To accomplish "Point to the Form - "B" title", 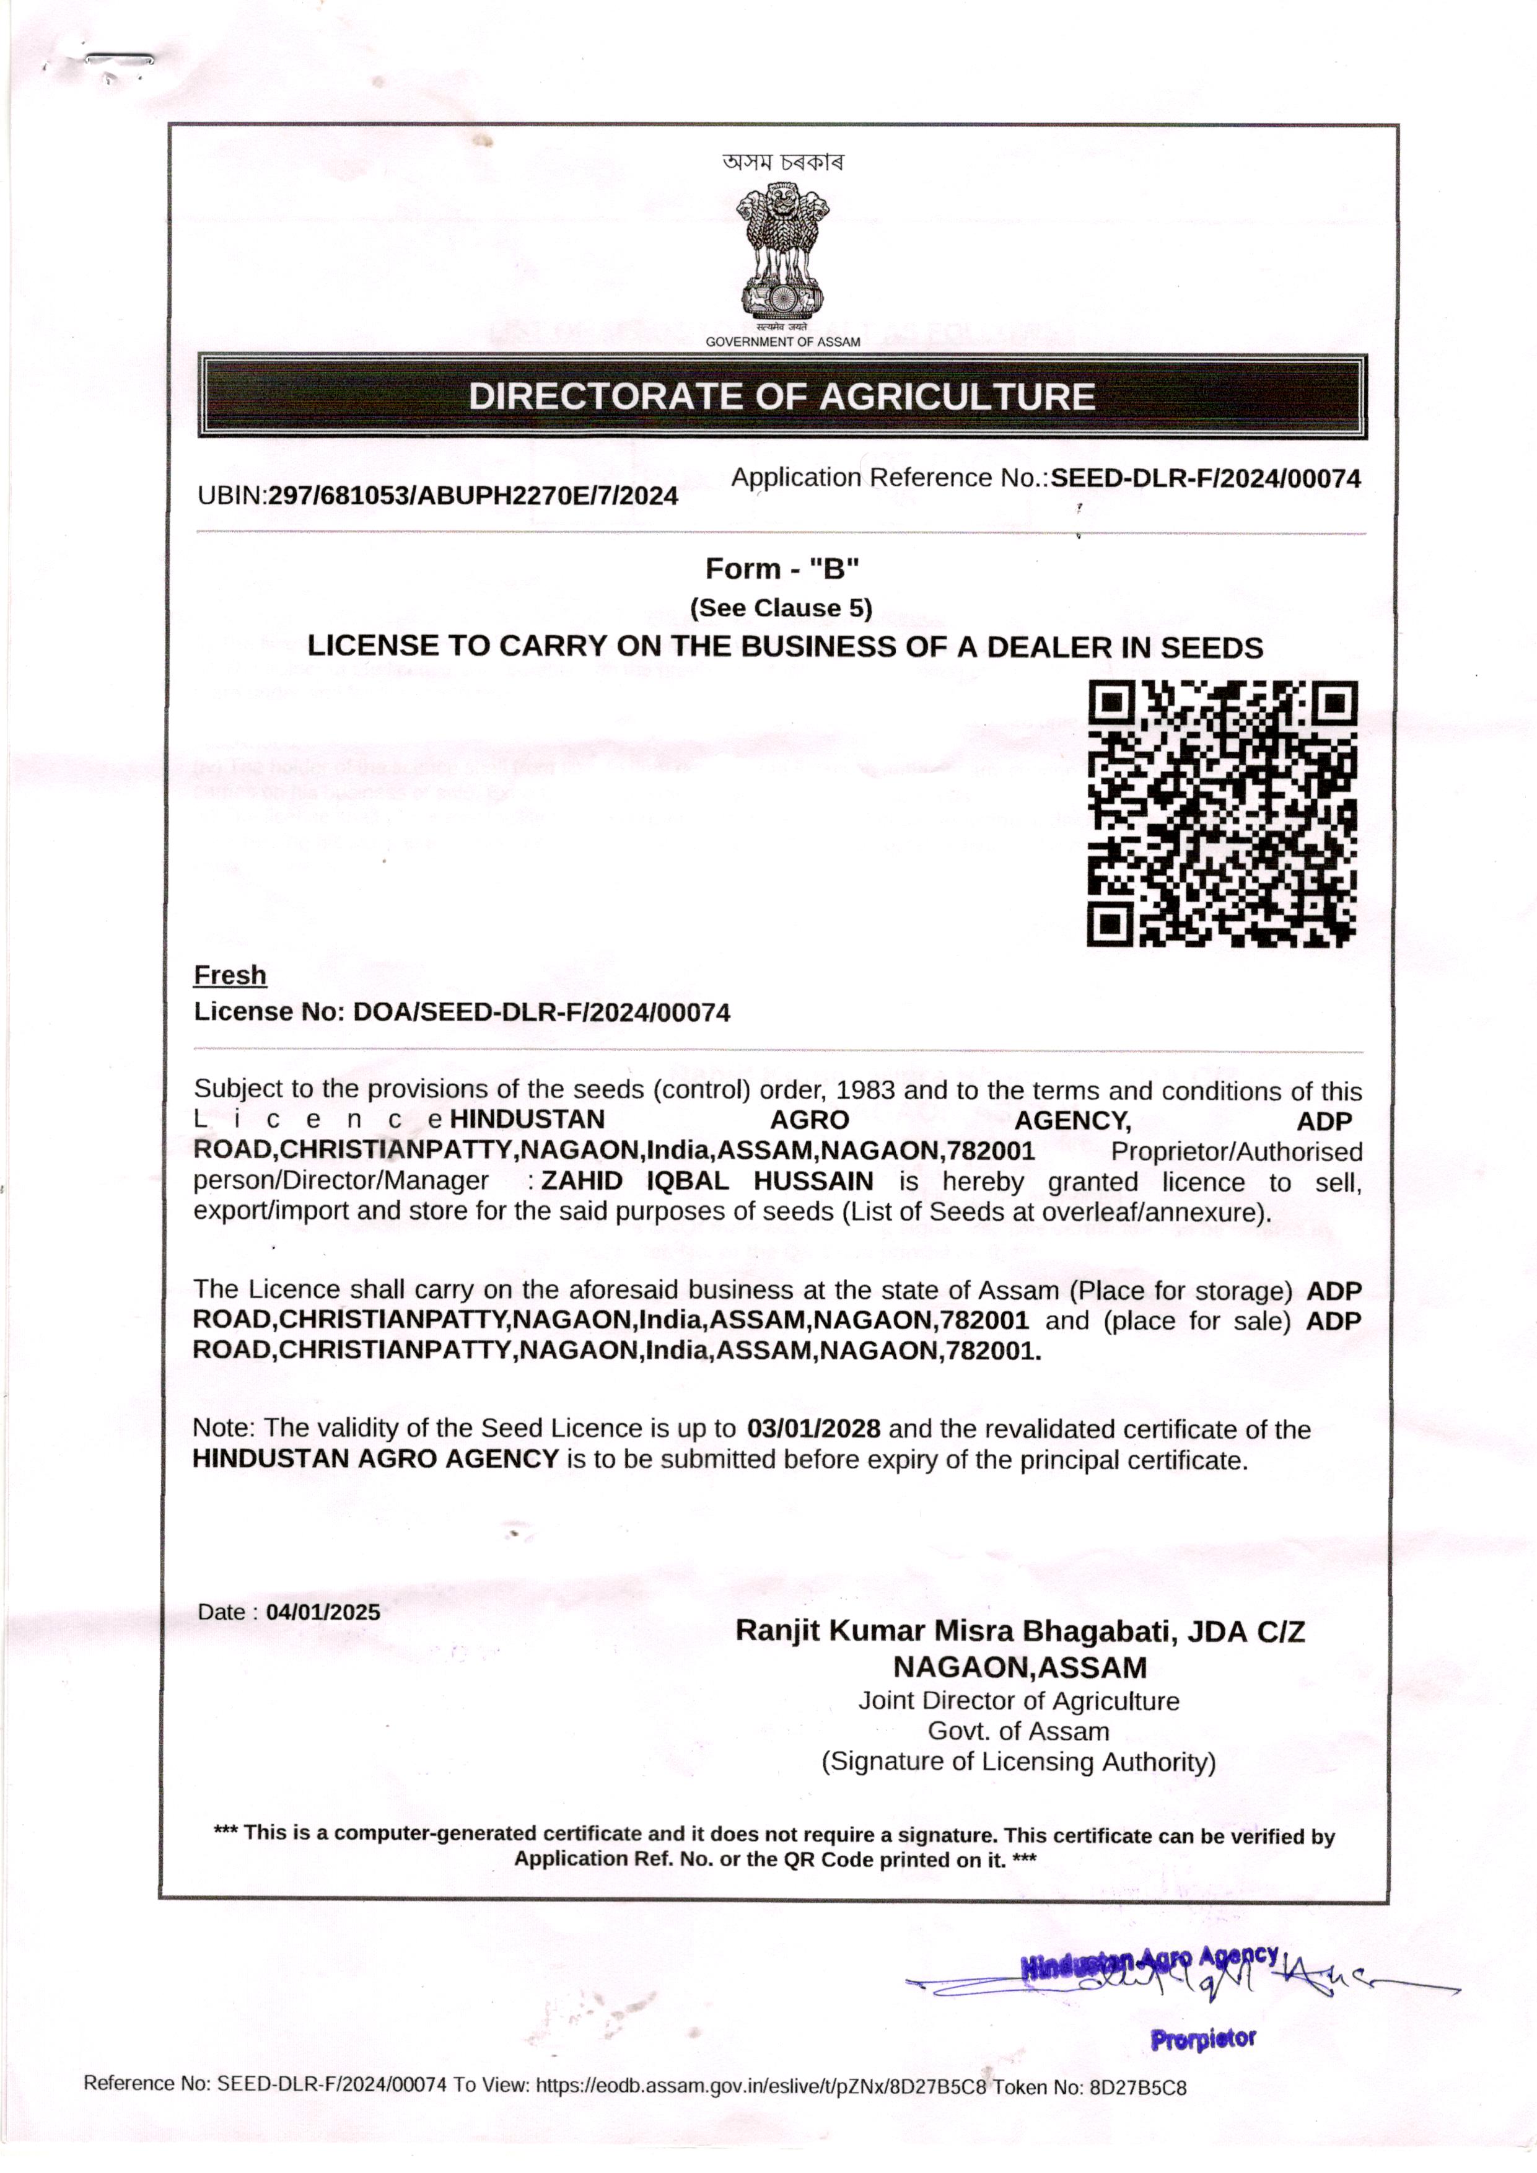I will (x=782, y=569).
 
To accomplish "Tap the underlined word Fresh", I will (x=230, y=975).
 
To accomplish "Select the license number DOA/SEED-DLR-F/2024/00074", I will (x=541, y=1012).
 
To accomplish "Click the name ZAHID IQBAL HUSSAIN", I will (x=707, y=1181).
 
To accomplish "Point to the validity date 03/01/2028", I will (x=813, y=1428).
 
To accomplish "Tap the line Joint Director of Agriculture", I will (x=1018, y=1701).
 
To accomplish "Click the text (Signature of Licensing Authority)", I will (x=1018, y=1762).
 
